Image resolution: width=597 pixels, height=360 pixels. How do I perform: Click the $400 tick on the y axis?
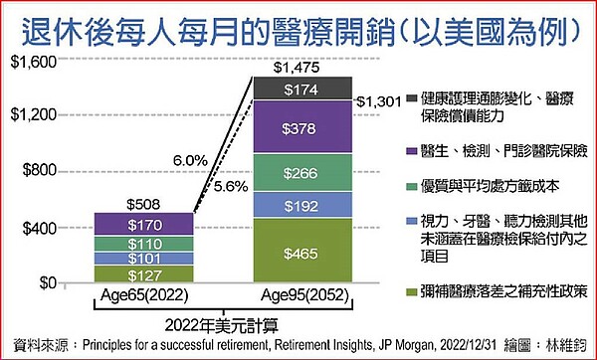(36, 227)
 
